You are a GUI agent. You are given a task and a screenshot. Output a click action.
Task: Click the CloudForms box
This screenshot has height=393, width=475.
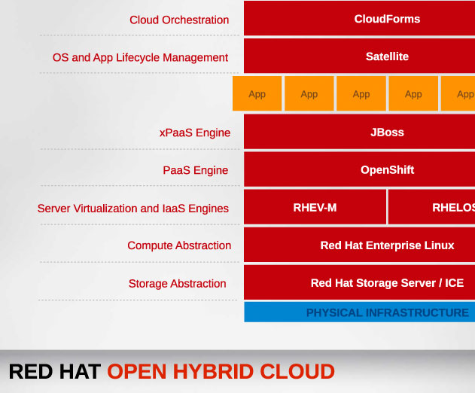click(x=359, y=18)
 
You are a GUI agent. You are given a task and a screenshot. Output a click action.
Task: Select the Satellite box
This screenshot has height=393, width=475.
click(x=359, y=56)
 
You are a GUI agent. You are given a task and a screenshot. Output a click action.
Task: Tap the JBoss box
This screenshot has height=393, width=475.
click(x=359, y=132)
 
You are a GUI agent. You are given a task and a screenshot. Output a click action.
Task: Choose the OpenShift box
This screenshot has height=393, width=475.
click(x=359, y=169)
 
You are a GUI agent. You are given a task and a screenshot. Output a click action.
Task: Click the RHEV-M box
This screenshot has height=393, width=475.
click(x=315, y=207)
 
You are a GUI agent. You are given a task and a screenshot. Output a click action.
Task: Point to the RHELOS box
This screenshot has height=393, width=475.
click(x=431, y=207)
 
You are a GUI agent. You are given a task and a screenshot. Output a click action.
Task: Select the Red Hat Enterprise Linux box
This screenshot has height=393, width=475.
click(x=359, y=245)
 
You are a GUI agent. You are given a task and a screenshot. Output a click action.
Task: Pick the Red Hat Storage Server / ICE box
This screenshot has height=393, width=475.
click(x=359, y=282)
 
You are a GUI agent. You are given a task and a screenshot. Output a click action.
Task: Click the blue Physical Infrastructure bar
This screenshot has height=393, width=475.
click(x=359, y=312)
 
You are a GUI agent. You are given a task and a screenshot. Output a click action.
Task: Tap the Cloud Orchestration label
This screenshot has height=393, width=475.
click(x=179, y=20)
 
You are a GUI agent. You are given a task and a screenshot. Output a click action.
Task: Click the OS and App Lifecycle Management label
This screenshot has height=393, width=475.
click(x=140, y=57)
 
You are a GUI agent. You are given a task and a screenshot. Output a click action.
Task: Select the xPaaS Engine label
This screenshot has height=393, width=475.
click(x=195, y=133)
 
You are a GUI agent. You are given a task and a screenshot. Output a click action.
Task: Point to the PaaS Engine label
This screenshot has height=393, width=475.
click(x=196, y=170)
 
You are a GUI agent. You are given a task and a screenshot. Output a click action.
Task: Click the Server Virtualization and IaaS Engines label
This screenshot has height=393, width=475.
click(x=133, y=209)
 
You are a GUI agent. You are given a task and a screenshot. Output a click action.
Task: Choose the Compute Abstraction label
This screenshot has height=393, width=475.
click(x=179, y=245)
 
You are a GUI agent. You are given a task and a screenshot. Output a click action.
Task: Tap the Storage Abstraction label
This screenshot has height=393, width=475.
click(x=177, y=284)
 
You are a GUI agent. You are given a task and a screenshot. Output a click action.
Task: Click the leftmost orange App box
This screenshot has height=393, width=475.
click(x=257, y=93)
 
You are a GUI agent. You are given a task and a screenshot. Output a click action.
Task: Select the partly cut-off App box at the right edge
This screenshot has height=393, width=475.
click(x=458, y=93)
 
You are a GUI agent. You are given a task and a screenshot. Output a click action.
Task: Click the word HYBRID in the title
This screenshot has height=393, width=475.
click(x=213, y=371)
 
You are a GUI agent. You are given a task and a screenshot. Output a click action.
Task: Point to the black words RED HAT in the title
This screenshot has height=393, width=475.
click(x=55, y=371)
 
